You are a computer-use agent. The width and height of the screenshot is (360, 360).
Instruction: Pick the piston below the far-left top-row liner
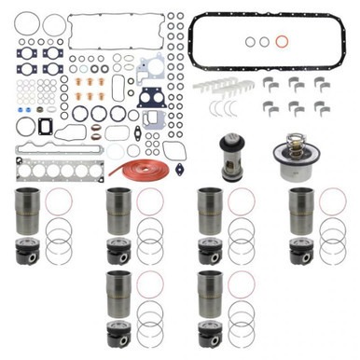click(x=26, y=254)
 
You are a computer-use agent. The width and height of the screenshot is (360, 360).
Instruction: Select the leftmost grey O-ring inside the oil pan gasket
click(x=249, y=41)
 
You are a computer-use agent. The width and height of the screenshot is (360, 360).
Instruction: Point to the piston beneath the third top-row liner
click(x=209, y=253)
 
